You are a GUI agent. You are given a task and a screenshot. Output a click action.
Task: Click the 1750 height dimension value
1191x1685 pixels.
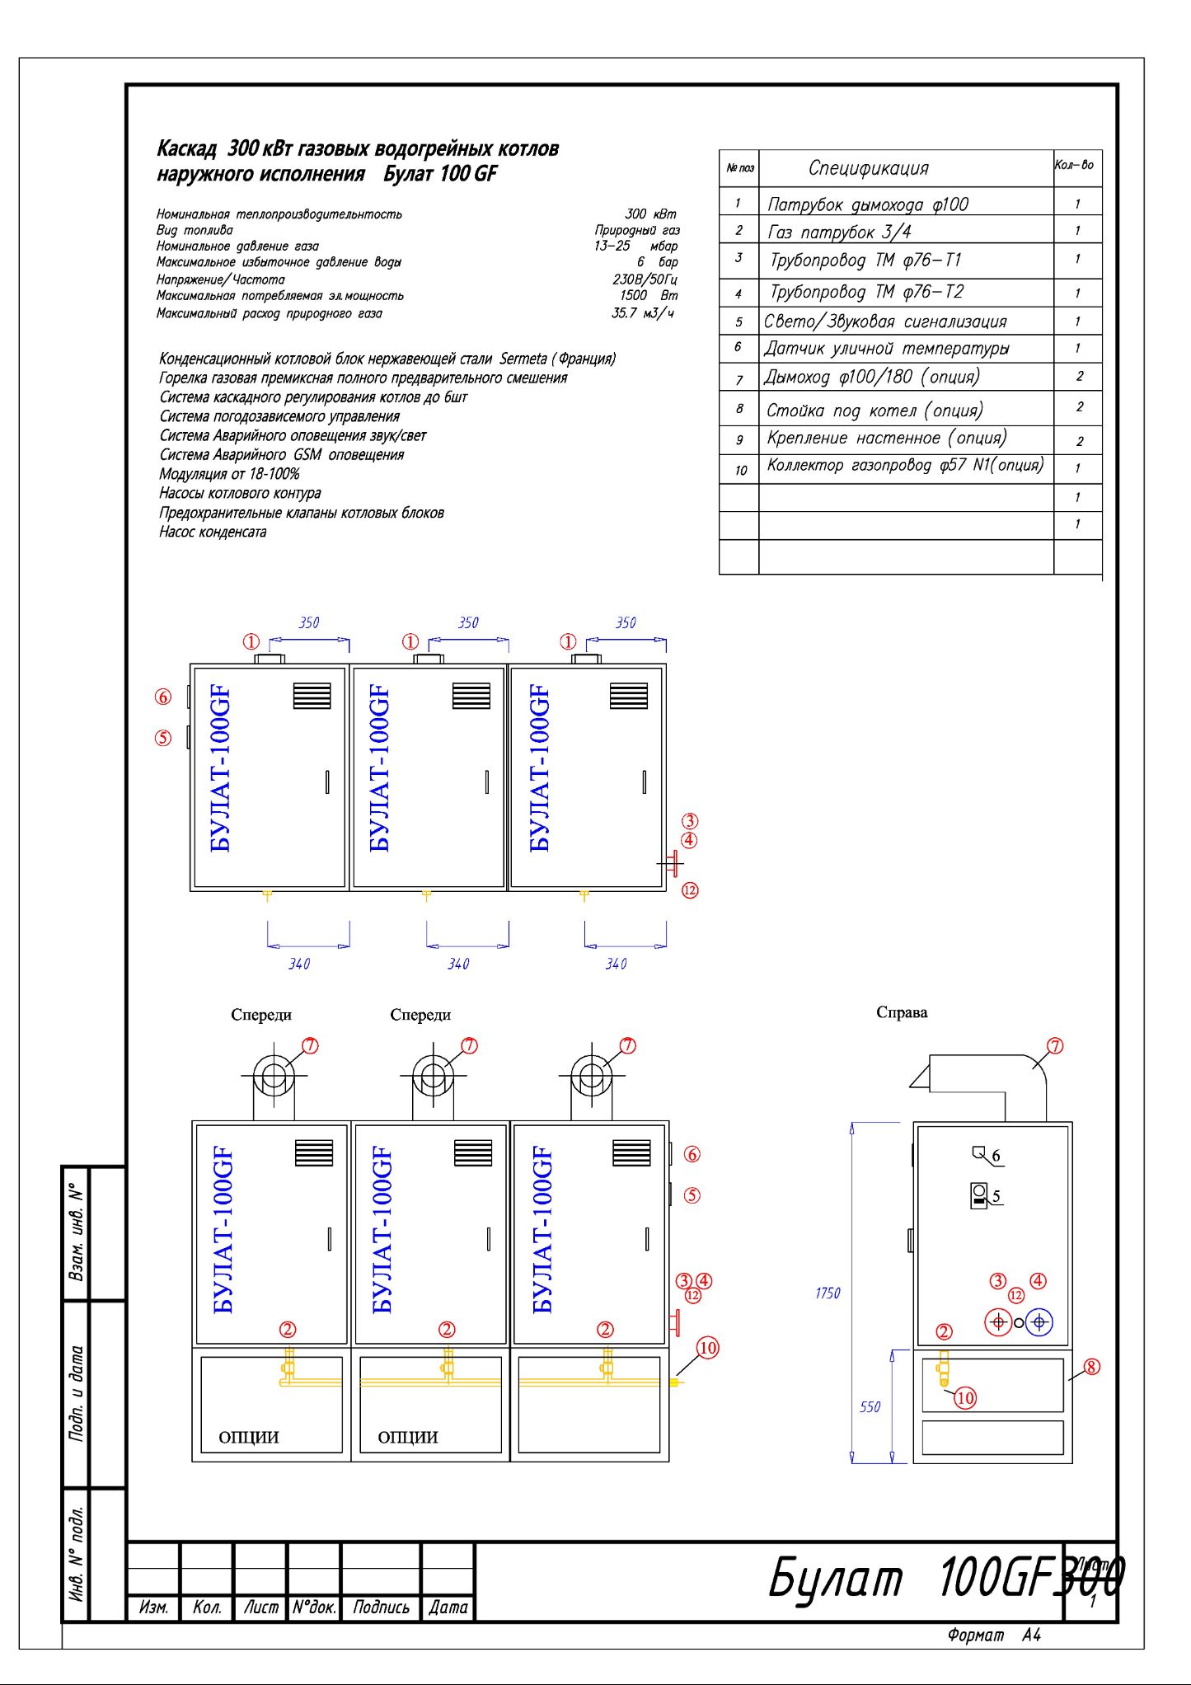[828, 1293]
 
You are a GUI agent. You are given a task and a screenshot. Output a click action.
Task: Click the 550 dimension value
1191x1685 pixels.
[870, 1406]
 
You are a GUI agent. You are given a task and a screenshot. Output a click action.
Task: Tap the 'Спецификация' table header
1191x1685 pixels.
[868, 168]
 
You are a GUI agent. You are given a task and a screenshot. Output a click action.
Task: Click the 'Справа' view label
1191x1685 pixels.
[902, 1012]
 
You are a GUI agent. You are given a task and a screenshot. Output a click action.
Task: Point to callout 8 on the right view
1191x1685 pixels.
[1091, 1367]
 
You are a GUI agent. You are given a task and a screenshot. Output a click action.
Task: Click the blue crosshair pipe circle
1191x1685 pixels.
[1039, 1322]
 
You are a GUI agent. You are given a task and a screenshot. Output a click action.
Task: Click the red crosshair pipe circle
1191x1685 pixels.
[999, 1322]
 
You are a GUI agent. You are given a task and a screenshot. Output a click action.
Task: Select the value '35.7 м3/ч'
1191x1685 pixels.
[643, 313]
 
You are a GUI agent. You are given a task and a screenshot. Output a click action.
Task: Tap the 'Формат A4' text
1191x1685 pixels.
[994, 1635]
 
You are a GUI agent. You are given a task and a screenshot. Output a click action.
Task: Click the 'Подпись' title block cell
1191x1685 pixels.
[381, 1607]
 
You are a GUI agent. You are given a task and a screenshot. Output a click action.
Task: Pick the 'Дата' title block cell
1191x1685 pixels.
[448, 1607]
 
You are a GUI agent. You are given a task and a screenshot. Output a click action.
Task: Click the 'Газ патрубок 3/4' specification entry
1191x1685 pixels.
[839, 232]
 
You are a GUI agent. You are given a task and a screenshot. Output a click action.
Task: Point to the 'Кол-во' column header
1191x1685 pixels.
[1074, 166]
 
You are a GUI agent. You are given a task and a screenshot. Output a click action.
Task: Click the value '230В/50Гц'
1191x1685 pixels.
[645, 279]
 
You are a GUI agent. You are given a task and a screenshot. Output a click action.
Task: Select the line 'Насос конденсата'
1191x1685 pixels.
[213, 533]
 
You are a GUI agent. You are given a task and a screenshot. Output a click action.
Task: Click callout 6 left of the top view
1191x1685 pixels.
[163, 697]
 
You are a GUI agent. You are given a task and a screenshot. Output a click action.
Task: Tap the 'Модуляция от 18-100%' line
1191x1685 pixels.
[229, 474]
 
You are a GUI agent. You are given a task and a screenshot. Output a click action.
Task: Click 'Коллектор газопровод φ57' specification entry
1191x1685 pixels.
[905, 466]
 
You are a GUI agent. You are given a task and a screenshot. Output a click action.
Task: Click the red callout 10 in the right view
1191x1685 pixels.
[965, 1398]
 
